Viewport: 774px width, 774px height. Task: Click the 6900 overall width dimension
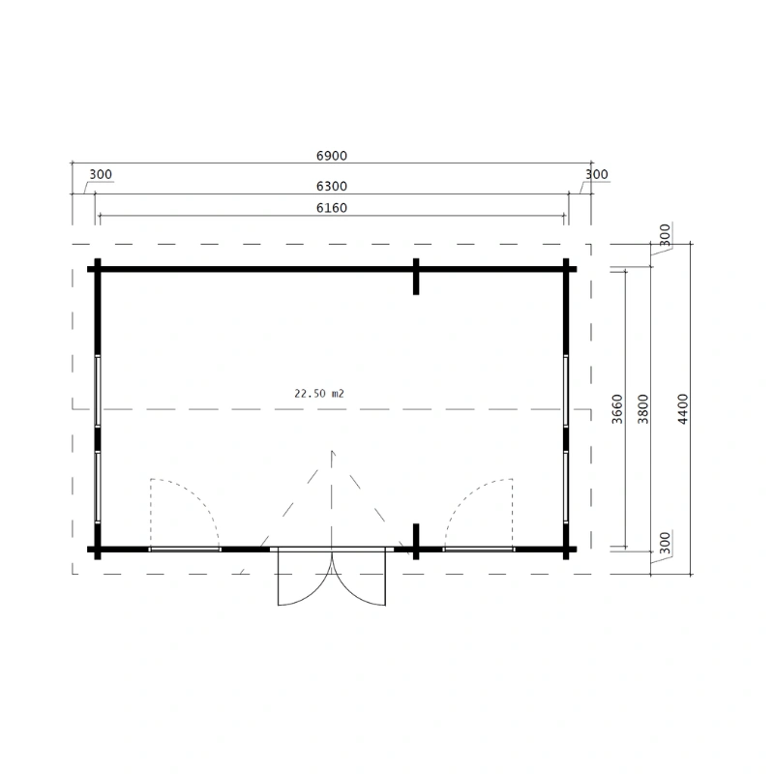tap(332, 156)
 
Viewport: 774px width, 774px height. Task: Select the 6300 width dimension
tap(332, 187)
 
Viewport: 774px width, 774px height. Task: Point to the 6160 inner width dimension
tap(332, 208)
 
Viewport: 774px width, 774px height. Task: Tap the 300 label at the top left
tap(101, 175)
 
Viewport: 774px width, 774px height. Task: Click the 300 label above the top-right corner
tap(597, 175)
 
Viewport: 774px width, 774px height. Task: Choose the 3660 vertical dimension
tap(617, 409)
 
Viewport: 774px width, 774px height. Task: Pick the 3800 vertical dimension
tap(642, 409)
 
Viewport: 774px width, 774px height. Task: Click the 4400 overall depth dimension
tap(683, 409)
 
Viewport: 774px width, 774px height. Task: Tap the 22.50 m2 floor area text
tap(319, 394)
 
